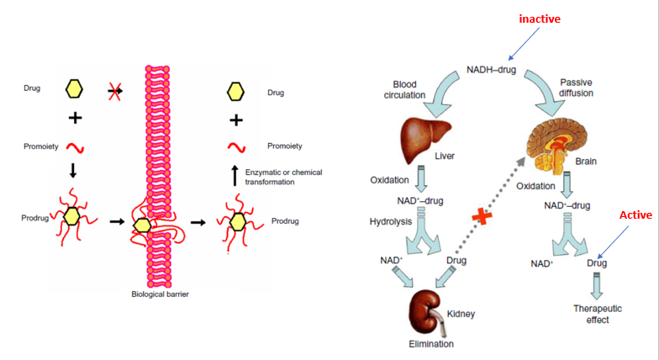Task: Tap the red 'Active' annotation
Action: tap(635, 215)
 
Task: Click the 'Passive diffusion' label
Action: tap(577, 87)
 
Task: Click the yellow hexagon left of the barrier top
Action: tap(74, 87)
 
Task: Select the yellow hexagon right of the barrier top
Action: tap(237, 88)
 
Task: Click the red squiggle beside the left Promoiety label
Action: tap(75, 148)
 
